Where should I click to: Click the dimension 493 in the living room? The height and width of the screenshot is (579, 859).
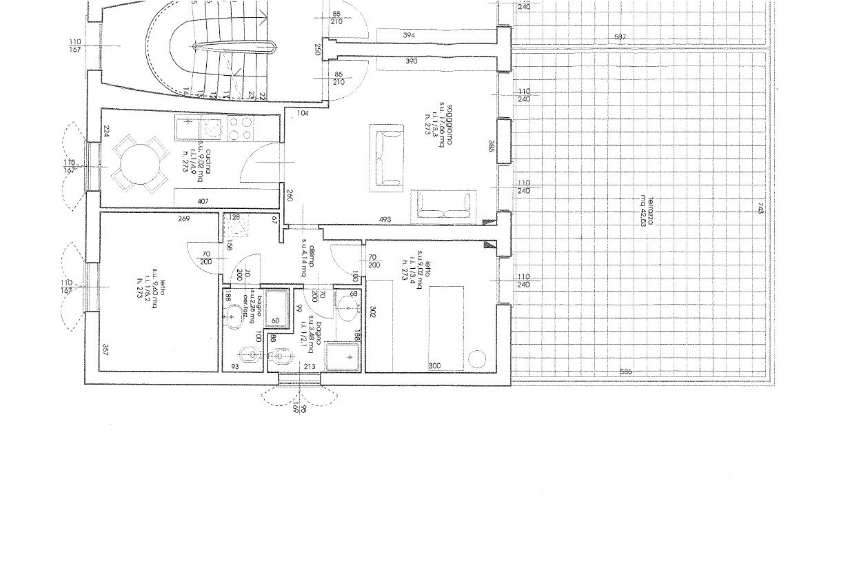click(385, 220)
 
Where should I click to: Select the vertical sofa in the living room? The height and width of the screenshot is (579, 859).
click(386, 158)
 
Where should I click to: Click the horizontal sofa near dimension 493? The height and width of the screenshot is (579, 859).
click(444, 205)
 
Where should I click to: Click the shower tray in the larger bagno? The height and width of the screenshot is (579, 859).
click(343, 356)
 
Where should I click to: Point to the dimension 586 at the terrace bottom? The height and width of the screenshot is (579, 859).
click(625, 372)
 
